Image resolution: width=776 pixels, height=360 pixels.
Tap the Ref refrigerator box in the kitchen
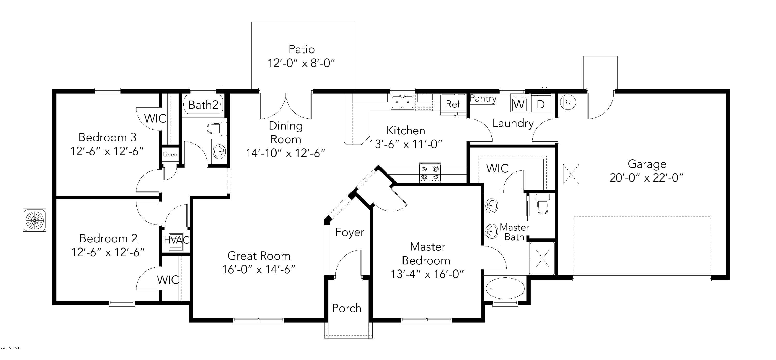pyautogui.click(x=453, y=104)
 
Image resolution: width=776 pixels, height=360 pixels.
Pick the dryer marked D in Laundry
pyautogui.click(x=541, y=104)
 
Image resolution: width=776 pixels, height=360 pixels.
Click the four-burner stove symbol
pyautogui.click(x=430, y=173)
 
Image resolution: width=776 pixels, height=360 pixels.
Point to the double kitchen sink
pyautogui.click(x=402, y=102)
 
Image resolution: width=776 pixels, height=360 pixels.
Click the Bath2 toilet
pyautogui.click(x=216, y=129)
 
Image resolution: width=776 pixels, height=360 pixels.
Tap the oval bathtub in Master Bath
pyautogui.click(x=505, y=288)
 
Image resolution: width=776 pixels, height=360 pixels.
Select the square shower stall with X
pyautogui.click(x=542, y=258)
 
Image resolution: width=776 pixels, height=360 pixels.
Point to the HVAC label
pyautogui.click(x=176, y=240)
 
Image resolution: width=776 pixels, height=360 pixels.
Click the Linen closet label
pyautogui.click(x=170, y=155)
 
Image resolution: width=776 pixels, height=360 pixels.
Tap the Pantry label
pyautogui.click(x=483, y=99)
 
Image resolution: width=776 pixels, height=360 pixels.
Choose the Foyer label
pyautogui.click(x=349, y=232)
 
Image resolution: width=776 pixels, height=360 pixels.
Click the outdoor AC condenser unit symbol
pyautogui.click(x=35, y=220)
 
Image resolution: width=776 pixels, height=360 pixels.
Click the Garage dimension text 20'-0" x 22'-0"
pyautogui.click(x=646, y=178)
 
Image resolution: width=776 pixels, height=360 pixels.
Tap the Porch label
pyautogui.click(x=346, y=308)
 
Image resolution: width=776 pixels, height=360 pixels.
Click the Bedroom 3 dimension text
pyautogui.click(x=107, y=151)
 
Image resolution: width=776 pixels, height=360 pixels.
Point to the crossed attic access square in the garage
pyautogui.click(x=571, y=174)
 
